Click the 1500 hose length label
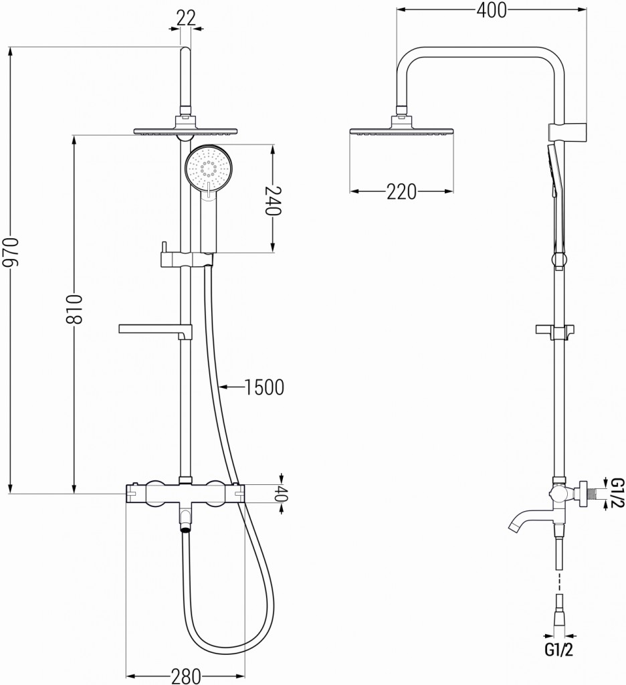point(265,387)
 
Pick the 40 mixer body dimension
point(282,496)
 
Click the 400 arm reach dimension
point(491,10)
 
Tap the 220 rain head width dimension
point(401,192)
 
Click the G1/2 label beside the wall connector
point(617,493)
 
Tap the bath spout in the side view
point(525,522)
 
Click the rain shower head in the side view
point(401,131)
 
